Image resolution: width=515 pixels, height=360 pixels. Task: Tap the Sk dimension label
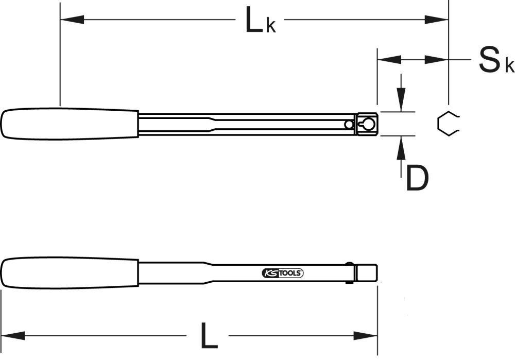tap(495, 60)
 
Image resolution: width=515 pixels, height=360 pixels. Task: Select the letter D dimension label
tap(417, 178)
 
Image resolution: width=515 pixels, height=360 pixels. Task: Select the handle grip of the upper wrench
tap(70, 124)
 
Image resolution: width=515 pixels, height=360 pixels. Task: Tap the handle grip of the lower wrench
tap(70, 273)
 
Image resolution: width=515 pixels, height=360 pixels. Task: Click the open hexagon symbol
tap(447, 124)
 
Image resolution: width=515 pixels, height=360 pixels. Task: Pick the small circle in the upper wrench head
tap(350, 124)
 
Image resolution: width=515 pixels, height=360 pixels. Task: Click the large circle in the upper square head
tap(367, 124)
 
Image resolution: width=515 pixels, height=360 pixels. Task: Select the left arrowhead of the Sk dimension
tap(389, 60)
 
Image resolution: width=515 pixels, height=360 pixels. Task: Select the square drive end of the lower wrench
tap(368, 272)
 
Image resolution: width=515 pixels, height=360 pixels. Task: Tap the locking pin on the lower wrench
tap(351, 273)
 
